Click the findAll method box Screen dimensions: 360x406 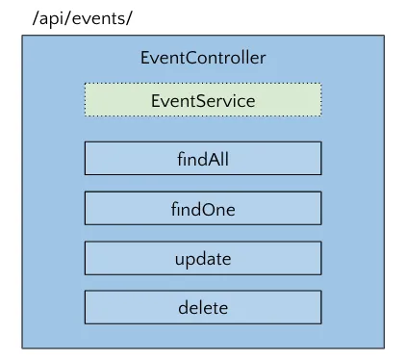point(203,159)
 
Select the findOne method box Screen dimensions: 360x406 point(203,209)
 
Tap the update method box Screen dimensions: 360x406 point(203,259)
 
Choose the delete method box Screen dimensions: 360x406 point(203,309)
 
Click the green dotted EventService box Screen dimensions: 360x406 point(203,100)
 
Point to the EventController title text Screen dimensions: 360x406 point(203,59)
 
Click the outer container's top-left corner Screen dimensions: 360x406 point(22,37)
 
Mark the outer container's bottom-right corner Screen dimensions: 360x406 point(383,347)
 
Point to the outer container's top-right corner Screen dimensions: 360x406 point(383,37)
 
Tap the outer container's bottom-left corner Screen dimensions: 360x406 point(22,347)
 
